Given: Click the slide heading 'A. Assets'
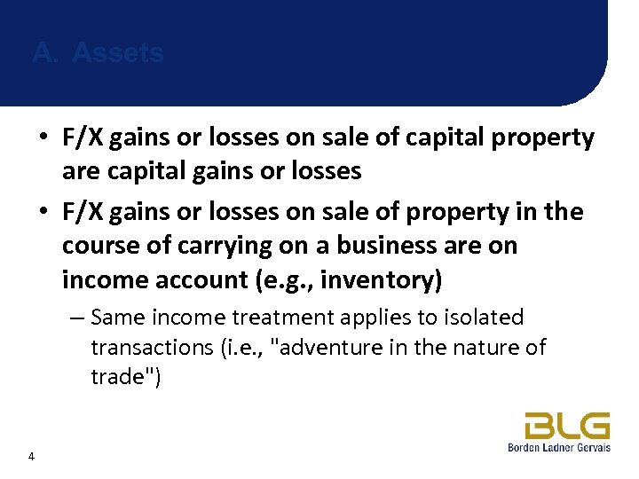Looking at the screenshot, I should [98, 53].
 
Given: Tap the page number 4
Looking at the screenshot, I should [32, 457].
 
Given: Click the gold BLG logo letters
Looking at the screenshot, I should [566, 426].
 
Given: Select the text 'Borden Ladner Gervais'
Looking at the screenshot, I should [558, 448].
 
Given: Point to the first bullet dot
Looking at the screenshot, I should [43, 138].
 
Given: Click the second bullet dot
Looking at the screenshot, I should [43, 213].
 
